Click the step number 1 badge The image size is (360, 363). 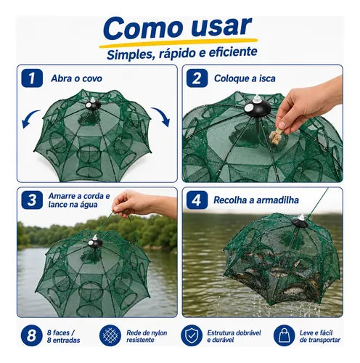pos(32,78)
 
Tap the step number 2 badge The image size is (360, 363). pos(197,78)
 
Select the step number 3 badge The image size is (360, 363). pos(32,200)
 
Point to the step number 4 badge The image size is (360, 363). pos(197,200)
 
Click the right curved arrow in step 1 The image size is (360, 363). pos(163,115)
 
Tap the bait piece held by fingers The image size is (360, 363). pos(276,136)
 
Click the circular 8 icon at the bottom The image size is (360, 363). pos(31,335)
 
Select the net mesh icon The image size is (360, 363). pos(110,335)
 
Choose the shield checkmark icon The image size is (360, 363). pos(192,335)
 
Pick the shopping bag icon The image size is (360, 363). pos(284,335)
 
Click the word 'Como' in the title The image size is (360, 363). pos(143,29)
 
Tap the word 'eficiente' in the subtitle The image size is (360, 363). pos(233,52)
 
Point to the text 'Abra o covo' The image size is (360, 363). pos(76,78)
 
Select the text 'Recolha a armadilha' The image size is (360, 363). pos(256,200)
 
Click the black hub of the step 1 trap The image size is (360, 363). pos(92,105)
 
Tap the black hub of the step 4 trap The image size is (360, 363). pos(300,221)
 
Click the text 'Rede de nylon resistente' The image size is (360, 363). pos(147,336)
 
